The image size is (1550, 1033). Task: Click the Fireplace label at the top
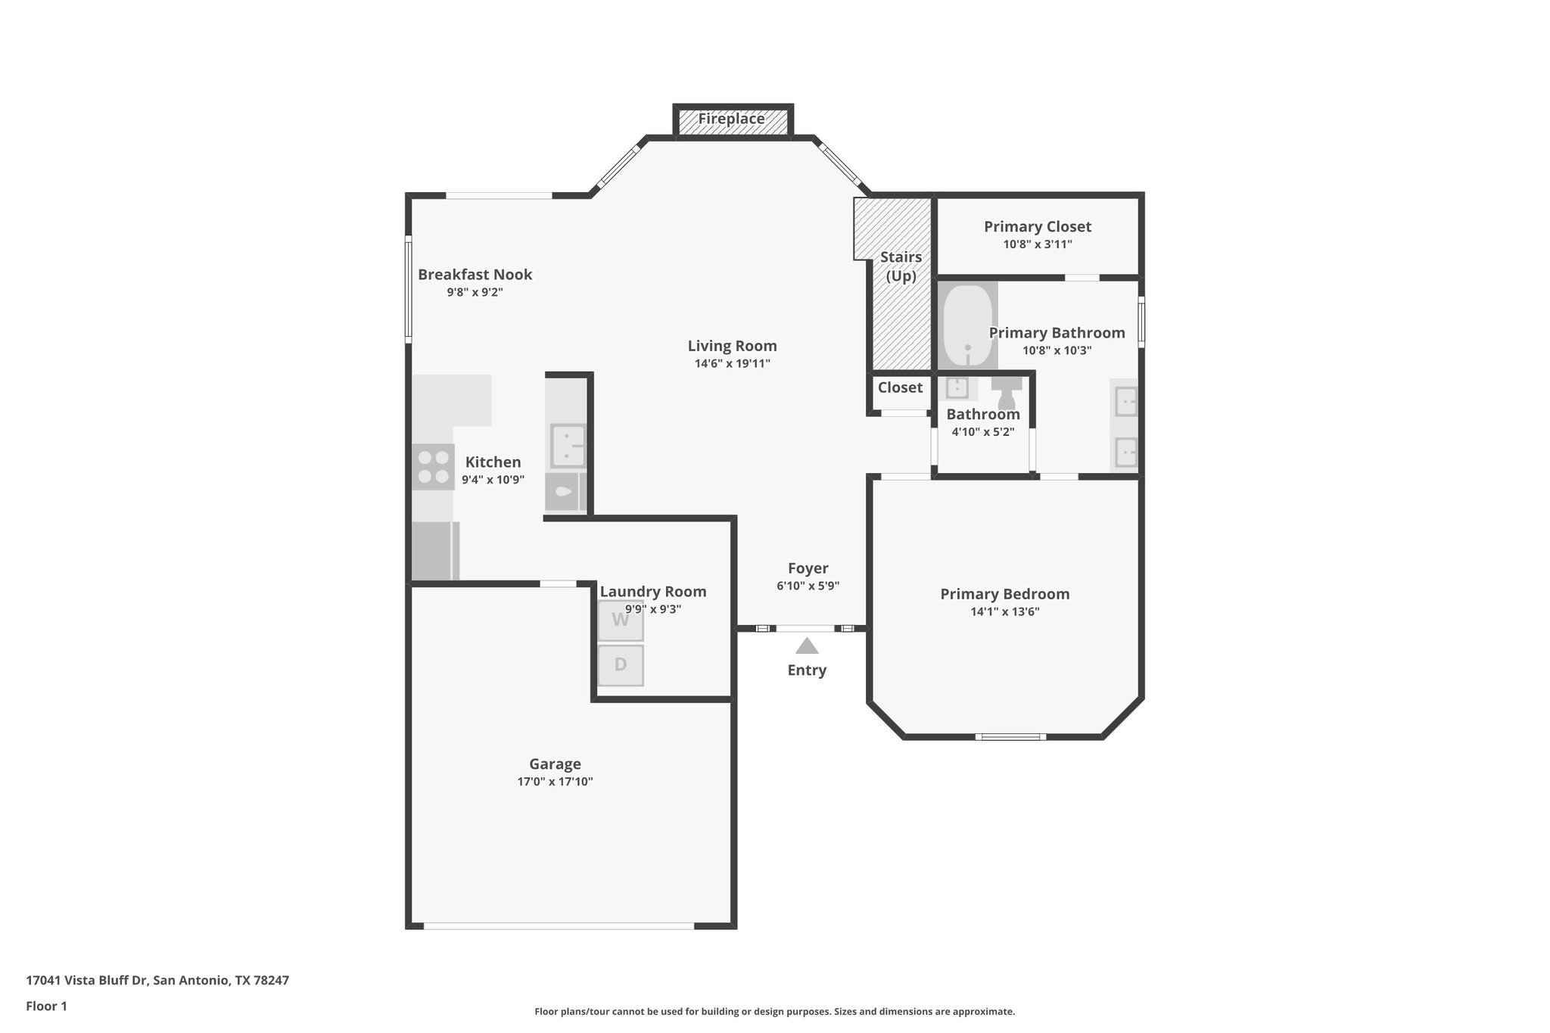731,119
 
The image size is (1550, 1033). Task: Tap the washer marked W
621,621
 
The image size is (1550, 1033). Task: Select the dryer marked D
621,665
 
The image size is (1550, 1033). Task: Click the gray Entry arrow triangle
807,646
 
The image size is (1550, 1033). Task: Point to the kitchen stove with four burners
433,467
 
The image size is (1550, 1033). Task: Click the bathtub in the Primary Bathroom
966,325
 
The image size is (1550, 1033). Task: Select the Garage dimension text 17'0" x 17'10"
555,782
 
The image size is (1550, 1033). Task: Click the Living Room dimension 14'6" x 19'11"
732,363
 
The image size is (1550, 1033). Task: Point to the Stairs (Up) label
901,266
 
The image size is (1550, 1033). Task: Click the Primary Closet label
1037,226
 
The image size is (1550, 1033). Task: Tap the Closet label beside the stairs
900,387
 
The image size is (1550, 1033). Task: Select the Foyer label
808,568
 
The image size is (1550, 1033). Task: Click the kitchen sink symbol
567,446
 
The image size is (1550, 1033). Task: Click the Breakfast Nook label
475,275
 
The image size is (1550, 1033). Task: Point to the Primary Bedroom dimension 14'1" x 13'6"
1004,611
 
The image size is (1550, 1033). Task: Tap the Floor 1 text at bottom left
46,1006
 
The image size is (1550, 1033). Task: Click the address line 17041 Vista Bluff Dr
157,980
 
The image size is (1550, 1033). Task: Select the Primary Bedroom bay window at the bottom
1010,736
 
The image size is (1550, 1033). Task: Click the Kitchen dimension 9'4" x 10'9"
493,480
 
